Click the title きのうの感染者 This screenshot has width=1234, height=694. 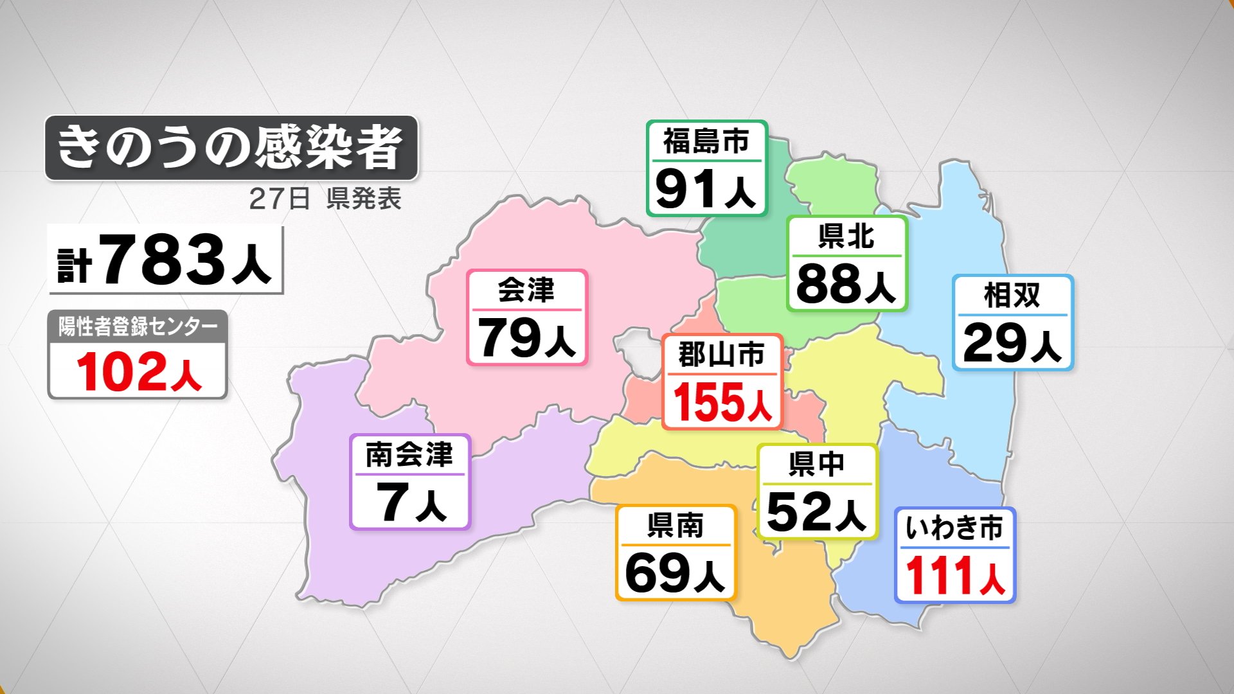(230, 148)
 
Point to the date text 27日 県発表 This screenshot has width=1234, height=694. (325, 199)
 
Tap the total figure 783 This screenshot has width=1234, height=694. (162, 259)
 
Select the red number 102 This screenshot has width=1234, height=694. (121, 372)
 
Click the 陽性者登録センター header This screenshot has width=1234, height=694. (138, 326)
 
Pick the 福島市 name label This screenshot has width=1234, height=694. (706, 141)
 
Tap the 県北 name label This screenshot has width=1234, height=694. (846, 236)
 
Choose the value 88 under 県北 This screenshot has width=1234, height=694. (828, 283)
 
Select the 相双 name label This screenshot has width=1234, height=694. (1012, 295)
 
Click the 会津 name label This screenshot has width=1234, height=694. (526, 290)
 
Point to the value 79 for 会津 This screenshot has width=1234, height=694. (509, 338)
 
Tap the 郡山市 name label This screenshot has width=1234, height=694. (722, 354)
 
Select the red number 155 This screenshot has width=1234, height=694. (708, 402)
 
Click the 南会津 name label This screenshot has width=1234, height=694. (409, 454)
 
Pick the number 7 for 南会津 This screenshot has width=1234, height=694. (392, 502)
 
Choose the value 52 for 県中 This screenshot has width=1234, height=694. (799, 512)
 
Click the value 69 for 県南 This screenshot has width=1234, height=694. (657, 573)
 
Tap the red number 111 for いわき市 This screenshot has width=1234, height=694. (939, 576)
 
